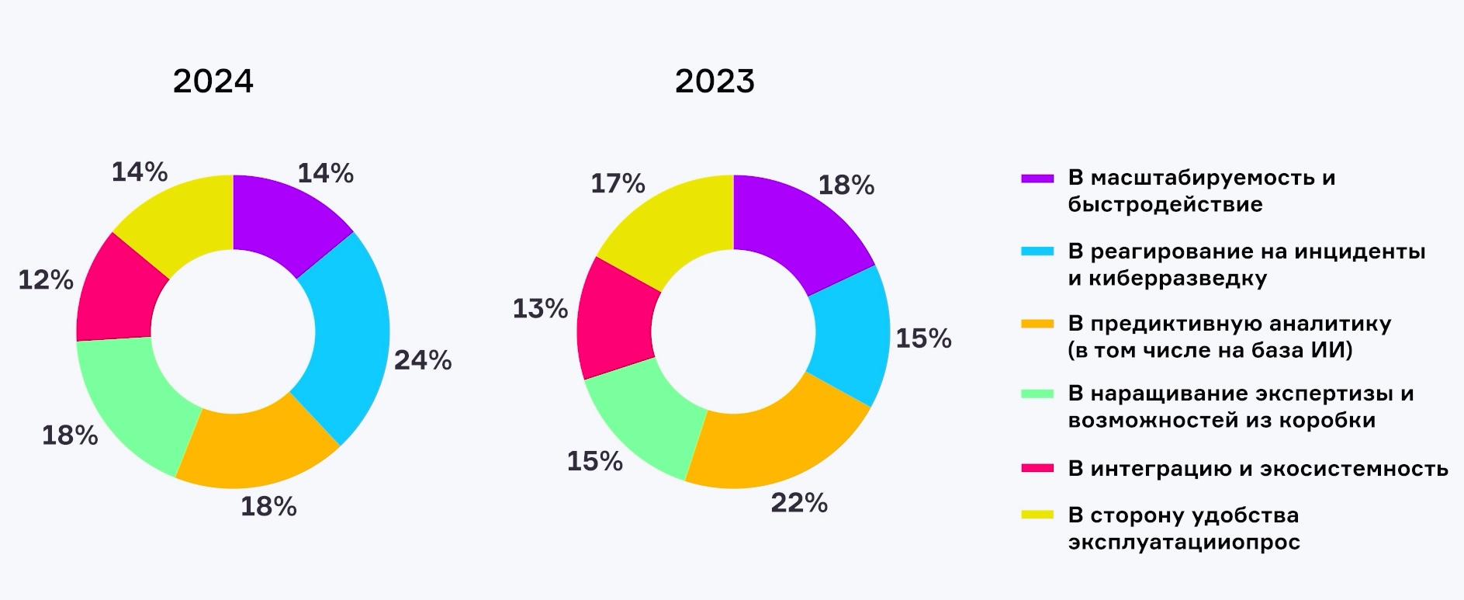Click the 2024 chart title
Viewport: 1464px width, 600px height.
click(x=213, y=82)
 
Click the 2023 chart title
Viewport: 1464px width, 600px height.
click(x=715, y=82)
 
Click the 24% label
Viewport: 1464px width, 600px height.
click(x=423, y=360)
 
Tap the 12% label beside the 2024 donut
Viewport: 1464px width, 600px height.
click(x=46, y=280)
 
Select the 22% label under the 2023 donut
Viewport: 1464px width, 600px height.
click(x=799, y=503)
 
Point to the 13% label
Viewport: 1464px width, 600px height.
click(x=540, y=309)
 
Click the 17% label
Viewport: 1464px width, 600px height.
click(x=618, y=184)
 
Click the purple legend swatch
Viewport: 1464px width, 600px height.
click(x=1037, y=179)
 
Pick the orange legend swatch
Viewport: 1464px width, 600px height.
click(x=1037, y=324)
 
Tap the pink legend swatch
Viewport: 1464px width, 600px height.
click(x=1037, y=468)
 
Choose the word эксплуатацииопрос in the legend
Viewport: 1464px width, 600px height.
click(x=1184, y=542)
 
